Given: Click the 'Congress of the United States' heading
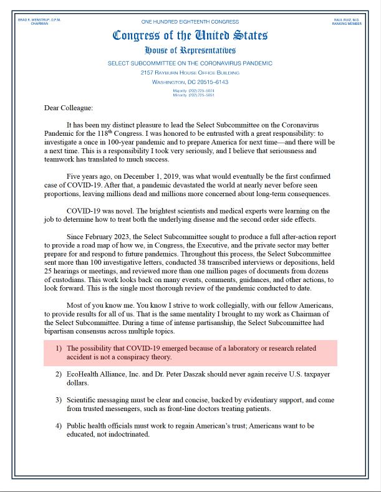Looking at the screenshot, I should click(190, 35).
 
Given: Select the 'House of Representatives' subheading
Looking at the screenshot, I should click(190, 50).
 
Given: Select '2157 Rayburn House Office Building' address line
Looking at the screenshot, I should click(190, 73).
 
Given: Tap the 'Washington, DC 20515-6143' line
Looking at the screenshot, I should click(190, 82).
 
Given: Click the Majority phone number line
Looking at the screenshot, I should click(190, 91).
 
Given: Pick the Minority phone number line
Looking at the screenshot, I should click(190, 95).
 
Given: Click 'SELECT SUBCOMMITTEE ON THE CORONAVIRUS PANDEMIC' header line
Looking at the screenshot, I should click(190, 64).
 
